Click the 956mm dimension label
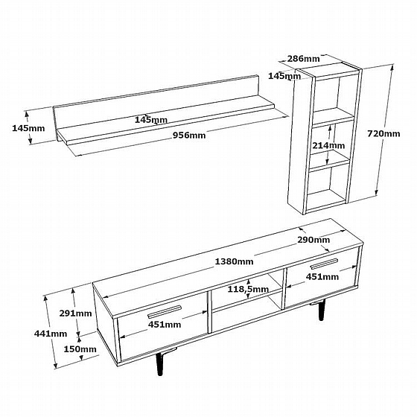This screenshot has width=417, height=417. tap(189, 136)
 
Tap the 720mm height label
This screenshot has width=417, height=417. tap(383, 133)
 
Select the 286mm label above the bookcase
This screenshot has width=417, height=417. tap(304, 59)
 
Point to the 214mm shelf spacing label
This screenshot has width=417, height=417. tap(328, 145)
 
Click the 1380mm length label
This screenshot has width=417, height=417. tap(234, 261)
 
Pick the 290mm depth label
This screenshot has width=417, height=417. tap(313, 240)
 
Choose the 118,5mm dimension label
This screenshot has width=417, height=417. tap(248, 289)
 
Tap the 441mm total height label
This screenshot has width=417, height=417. tap(51, 334)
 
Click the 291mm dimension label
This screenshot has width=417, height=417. tap(75, 313)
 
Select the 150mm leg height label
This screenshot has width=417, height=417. tap(80, 349)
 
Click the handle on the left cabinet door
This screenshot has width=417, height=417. tap(165, 311)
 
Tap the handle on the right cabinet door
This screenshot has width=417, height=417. tap(325, 263)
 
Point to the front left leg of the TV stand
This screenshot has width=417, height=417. tap(160, 363)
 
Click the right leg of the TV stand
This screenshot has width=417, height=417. tap(322, 311)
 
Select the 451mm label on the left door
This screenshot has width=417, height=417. tap(165, 325)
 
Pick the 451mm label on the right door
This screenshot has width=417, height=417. tap(322, 277)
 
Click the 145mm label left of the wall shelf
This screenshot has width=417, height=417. tap(28, 128)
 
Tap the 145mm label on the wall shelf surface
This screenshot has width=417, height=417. tap(151, 120)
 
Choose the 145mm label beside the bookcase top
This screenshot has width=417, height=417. tap(284, 76)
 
